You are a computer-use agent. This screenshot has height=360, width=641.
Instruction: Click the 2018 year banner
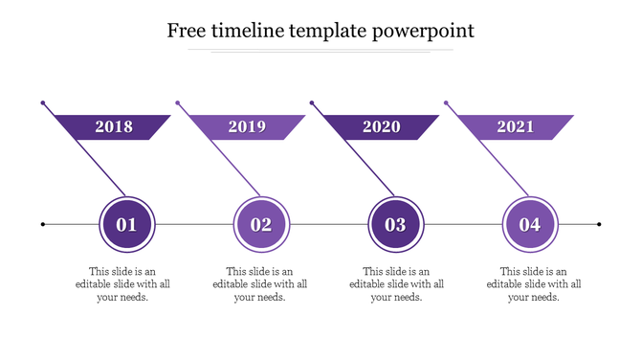115,126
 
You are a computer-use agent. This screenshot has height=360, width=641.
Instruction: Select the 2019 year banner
247,126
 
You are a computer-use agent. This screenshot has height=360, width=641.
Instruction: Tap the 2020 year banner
382,126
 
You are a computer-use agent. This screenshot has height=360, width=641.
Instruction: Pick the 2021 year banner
516,126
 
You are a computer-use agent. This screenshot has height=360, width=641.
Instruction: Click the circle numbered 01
127,225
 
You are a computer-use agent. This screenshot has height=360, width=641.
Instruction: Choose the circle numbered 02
261,225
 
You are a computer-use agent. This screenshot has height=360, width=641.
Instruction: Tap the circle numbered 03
396,225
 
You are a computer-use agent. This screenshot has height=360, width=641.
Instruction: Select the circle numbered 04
530,225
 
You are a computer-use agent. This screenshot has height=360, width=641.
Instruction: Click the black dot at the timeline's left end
43,225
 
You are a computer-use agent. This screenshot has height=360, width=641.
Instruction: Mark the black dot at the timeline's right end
599,225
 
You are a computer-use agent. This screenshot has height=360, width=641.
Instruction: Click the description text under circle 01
124,284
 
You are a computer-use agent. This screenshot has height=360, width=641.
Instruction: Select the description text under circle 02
260,284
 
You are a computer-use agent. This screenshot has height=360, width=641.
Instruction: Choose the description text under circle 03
397,284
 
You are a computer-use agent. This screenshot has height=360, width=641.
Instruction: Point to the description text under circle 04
534,284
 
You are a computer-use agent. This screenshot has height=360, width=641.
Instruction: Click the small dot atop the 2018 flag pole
43,101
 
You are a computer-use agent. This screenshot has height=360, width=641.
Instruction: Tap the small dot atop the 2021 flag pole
446,101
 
